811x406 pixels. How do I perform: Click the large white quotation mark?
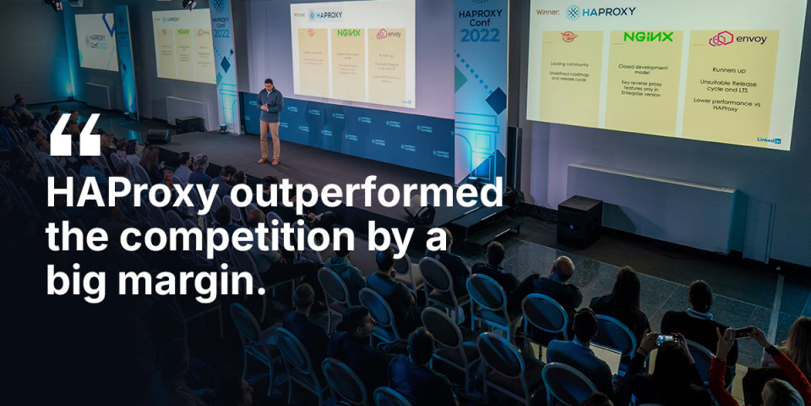coord(75,135)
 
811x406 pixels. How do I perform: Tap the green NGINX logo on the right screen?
coord(648,37)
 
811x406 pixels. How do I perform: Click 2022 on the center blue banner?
coord(480,36)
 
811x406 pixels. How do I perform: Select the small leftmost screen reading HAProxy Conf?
coord(95,41)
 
